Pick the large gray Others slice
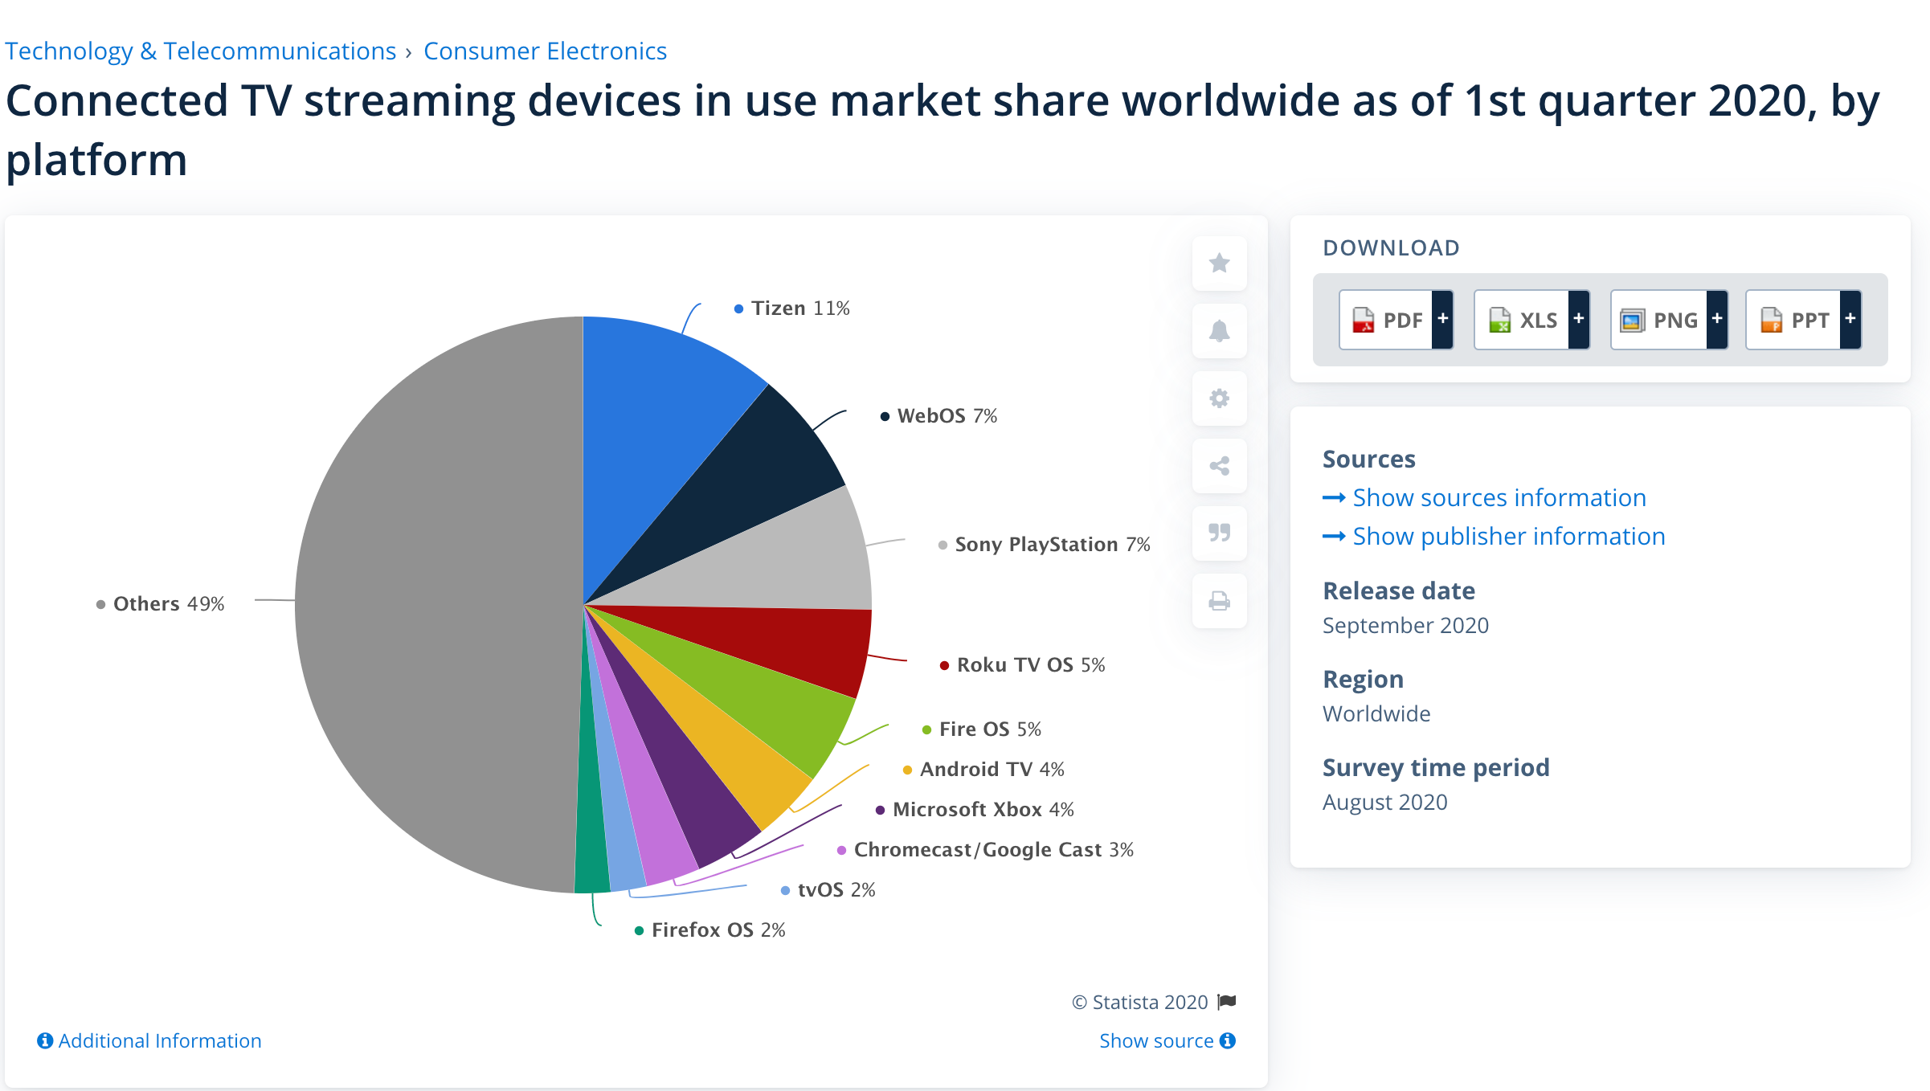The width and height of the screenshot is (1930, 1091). coord(434,603)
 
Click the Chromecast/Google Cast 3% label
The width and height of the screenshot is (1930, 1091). coord(992,850)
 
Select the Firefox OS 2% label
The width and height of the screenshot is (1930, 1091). coord(718,930)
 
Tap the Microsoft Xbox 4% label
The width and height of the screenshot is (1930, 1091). coord(982,810)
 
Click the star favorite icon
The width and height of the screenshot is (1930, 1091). coord(1219,264)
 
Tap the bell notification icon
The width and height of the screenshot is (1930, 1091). coord(1219,331)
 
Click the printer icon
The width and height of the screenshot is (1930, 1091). coord(1219,601)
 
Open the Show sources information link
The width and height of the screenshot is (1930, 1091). coord(1499,498)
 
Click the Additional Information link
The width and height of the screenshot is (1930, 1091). coord(159,1041)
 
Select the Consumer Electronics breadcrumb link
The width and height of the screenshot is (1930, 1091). coord(545,51)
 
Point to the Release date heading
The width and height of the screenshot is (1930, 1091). coord(1398,591)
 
